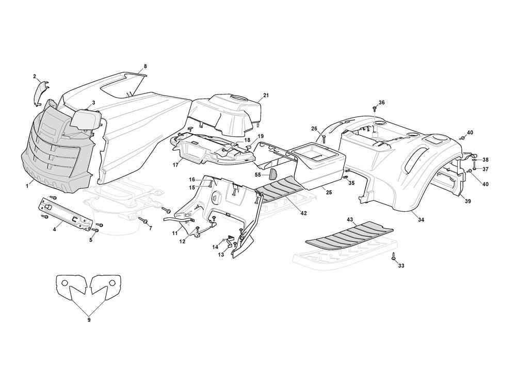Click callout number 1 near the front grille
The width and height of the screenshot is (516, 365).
pyautogui.click(x=27, y=186)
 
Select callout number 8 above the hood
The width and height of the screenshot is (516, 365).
pyautogui.click(x=145, y=66)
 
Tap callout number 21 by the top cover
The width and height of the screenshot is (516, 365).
pyautogui.click(x=266, y=96)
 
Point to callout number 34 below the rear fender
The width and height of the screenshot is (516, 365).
pyautogui.click(x=421, y=219)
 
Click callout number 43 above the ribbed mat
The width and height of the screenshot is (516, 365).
pyautogui.click(x=350, y=219)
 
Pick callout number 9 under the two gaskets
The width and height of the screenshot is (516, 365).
pyautogui.click(x=89, y=319)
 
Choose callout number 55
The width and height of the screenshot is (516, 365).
pyautogui.click(x=258, y=174)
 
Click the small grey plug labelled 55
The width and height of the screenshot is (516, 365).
pyautogui.click(x=273, y=174)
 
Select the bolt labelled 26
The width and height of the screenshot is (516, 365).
pyautogui.click(x=324, y=138)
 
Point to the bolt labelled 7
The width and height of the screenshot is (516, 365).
pyautogui.click(x=143, y=219)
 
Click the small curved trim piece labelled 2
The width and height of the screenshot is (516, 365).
pyautogui.click(x=41, y=93)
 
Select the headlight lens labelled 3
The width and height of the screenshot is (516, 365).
pyautogui.click(x=86, y=120)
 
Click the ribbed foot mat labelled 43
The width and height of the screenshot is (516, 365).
pyautogui.click(x=349, y=235)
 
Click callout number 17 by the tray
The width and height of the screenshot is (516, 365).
pyautogui.click(x=174, y=165)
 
